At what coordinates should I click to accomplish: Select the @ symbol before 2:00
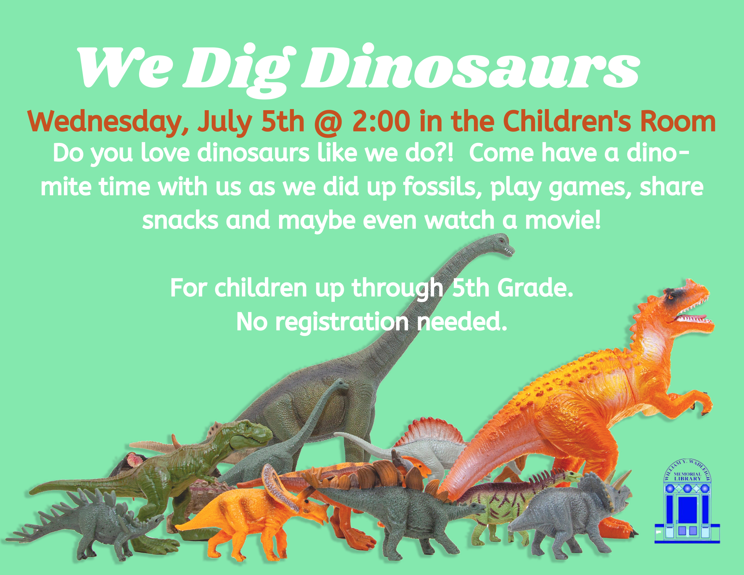(328, 122)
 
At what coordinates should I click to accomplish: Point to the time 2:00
(381, 121)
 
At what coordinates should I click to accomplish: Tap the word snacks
(180, 220)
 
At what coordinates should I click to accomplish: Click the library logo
(687, 501)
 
